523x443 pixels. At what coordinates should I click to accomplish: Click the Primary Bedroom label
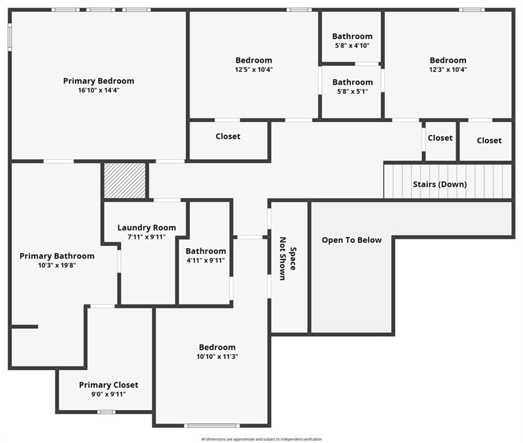[99, 81]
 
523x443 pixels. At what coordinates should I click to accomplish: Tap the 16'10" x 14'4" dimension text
[99, 91]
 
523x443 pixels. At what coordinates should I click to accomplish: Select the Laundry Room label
[147, 228]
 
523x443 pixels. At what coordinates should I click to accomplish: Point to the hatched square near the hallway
[125, 181]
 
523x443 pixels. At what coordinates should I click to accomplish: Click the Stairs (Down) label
[440, 185]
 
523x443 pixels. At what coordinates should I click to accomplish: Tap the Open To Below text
[352, 240]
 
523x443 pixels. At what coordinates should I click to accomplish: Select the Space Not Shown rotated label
[287, 258]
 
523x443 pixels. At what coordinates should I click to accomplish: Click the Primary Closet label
[109, 385]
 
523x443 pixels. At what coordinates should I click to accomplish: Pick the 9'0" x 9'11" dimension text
[109, 395]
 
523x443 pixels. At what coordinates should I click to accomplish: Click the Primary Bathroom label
[57, 256]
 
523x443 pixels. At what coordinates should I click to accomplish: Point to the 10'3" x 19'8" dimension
[57, 265]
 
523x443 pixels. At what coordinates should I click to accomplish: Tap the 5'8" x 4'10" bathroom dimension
[352, 46]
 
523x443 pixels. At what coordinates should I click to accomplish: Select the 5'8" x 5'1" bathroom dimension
[353, 92]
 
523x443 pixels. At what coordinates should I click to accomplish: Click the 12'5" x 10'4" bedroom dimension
[254, 70]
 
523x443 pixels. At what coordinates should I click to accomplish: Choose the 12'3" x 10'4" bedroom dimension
[448, 70]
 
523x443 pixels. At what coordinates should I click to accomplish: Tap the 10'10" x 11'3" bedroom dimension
[217, 356]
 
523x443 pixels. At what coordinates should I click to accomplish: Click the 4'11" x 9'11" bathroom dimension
[206, 261]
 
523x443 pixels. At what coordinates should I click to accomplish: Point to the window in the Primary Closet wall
[106, 412]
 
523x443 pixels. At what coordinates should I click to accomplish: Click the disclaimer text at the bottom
[261, 440]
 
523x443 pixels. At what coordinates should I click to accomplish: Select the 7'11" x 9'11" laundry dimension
[147, 237]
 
